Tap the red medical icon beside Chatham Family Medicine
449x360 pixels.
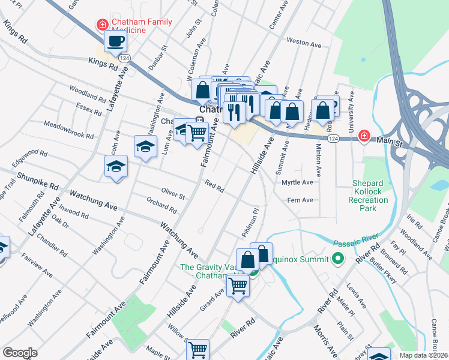coord(103,25)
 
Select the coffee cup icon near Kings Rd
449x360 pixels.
coord(115,41)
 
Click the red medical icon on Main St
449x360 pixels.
coord(363,137)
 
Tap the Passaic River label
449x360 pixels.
coord(357,243)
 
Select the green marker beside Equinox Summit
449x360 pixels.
coord(337,259)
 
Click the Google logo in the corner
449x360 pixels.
coord(20,353)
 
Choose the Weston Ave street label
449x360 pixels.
coord(304,43)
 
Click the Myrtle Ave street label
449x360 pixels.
coord(297,182)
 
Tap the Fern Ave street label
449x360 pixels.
coord(300,200)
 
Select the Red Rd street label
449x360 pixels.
coord(214,187)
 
